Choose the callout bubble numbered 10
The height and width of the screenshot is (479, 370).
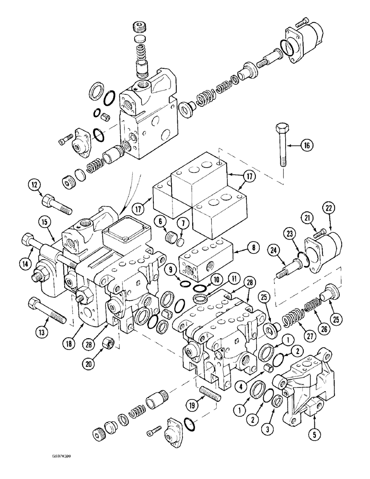click(x=217, y=279)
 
